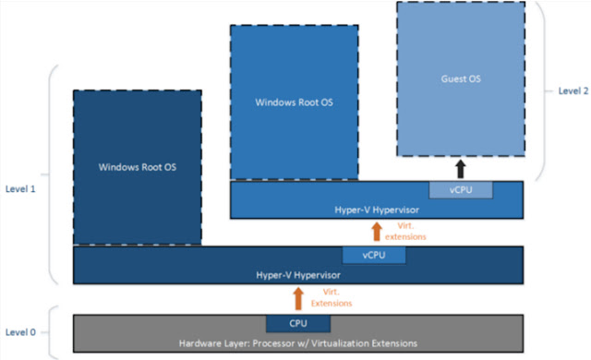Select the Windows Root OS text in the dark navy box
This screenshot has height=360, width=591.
(137, 167)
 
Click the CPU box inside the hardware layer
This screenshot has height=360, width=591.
(297, 323)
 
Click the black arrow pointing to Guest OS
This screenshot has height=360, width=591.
(460, 169)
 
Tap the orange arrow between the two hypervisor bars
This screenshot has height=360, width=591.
(377, 232)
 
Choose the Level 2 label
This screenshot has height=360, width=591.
(573, 90)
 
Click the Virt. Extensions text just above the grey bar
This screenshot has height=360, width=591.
(329, 297)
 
